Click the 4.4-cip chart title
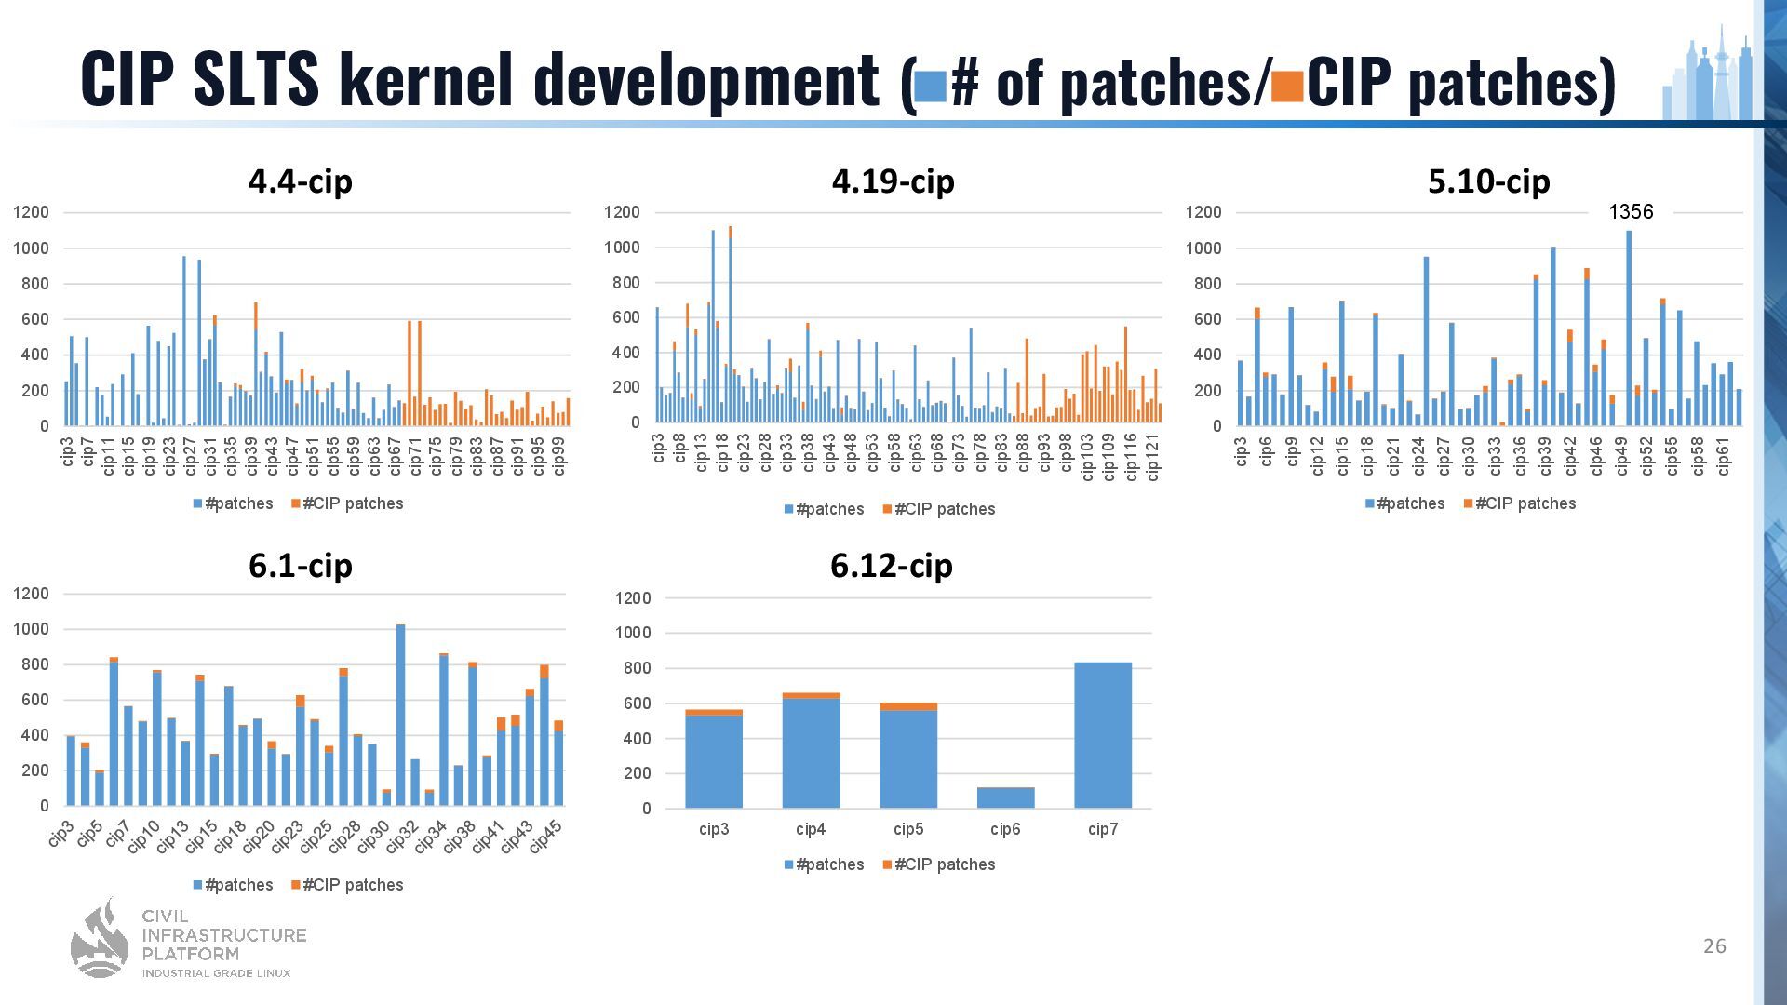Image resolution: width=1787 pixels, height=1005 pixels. [x=300, y=181]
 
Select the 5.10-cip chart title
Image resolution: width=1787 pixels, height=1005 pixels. [x=1488, y=181]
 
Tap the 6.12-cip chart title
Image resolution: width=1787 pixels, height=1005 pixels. [x=891, y=566]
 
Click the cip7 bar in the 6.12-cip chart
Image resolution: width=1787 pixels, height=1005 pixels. [x=1102, y=735]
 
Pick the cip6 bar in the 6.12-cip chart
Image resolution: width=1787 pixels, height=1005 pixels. [x=1005, y=797]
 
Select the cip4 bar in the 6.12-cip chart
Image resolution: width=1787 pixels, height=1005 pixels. [x=811, y=752]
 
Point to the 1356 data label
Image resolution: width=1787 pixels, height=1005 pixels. [x=1631, y=212]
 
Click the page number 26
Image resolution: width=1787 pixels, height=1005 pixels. [x=1714, y=946]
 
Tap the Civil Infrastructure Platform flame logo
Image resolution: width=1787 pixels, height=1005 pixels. [x=101, y=940]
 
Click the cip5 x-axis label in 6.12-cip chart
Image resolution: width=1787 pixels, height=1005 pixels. [x=908, y=829]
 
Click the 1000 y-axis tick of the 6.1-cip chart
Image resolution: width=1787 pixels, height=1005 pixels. [x=31, y=629]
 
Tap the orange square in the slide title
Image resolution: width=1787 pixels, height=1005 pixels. [x=1286, y=87]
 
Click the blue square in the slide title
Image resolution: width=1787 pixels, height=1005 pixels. [x=930, y=87]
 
